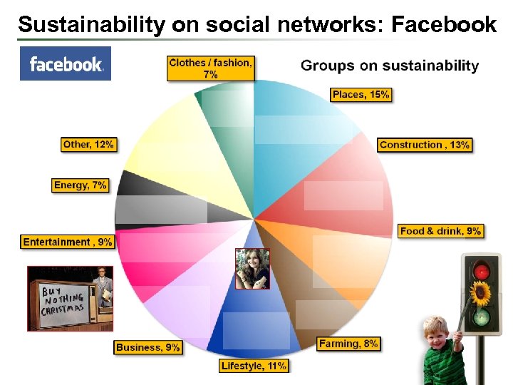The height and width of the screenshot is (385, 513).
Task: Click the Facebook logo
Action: (x=66, y=63)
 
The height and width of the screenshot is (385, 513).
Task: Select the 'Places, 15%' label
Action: (x=361, y=95)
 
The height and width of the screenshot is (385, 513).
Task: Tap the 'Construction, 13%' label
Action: (x=424, y=145)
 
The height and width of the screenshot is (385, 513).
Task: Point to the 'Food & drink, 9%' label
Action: (x=440, y=231)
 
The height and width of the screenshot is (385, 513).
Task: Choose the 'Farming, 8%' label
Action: (x=348, y=344)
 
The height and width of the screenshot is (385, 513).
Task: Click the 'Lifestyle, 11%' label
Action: (x=254, y=366)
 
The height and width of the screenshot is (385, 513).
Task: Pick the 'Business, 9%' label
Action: (x=147, y=347)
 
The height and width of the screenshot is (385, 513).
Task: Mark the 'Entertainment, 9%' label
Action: (x=68, y=242)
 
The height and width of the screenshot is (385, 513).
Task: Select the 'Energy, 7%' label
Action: (x=81, y=185)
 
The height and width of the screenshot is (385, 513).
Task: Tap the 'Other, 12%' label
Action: (x=88, y=145)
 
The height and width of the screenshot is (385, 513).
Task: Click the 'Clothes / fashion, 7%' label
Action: (x=210, y=68)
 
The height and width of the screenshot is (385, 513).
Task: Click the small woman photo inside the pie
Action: (x=253, y=269)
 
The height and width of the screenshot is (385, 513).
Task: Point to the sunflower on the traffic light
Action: (x=482, y=292)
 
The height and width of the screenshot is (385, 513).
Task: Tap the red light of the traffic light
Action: (x=483, y=271)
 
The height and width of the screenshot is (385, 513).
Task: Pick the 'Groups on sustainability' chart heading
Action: (x=390, y=66)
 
